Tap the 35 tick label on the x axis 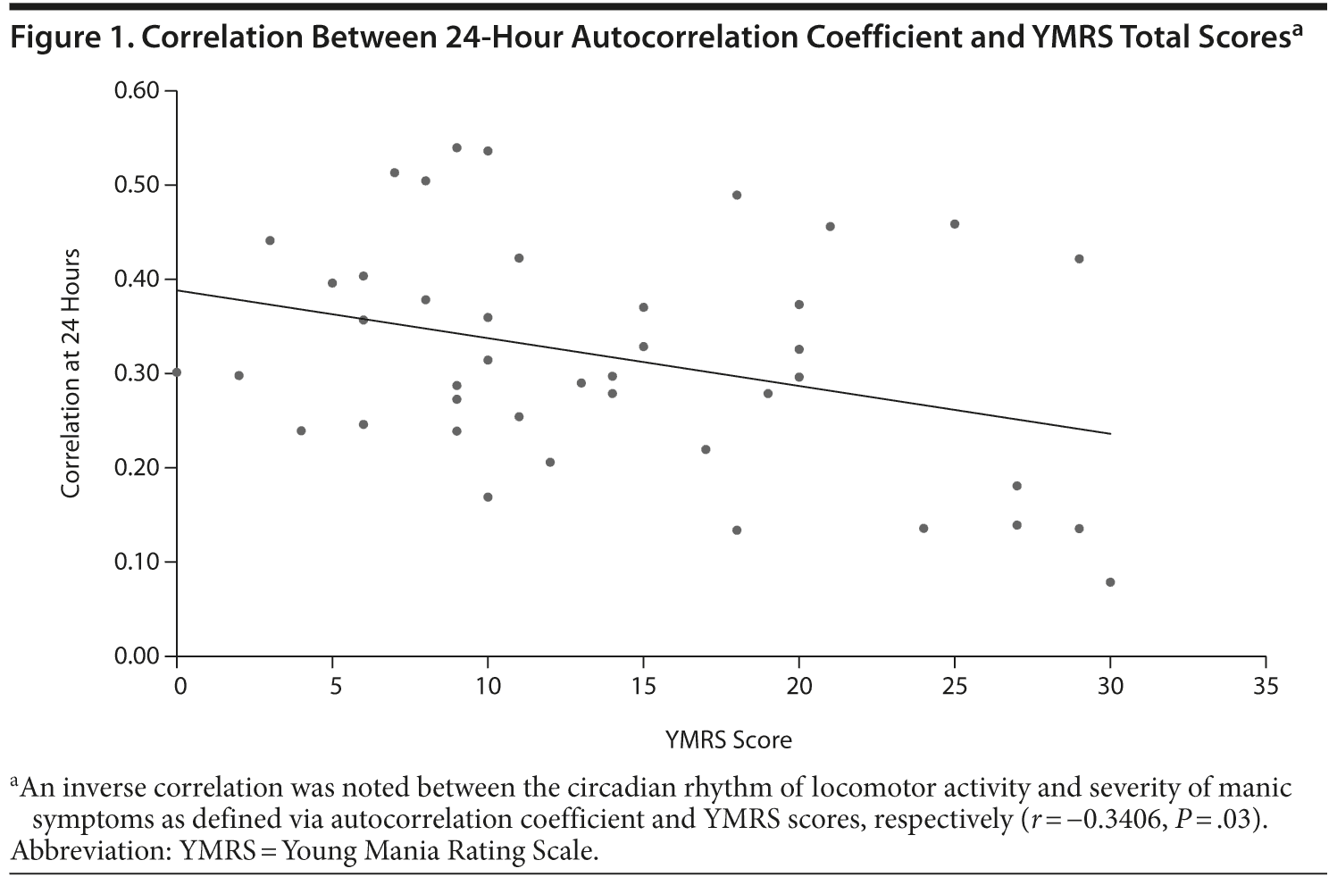(1266, 686)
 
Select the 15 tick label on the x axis (643, 686)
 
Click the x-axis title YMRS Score (728, 740)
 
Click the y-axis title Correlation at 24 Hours (71, 373)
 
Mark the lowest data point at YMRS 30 (1110, 582)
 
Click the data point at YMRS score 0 (177, 372)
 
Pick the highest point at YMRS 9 (456, 147)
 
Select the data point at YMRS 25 (955, 224)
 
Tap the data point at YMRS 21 (830, 227)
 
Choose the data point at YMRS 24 (923, 529)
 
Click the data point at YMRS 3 (270, 240)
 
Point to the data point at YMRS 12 (550, 463)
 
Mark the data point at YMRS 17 (706, 449)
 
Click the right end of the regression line (1110, 434)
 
